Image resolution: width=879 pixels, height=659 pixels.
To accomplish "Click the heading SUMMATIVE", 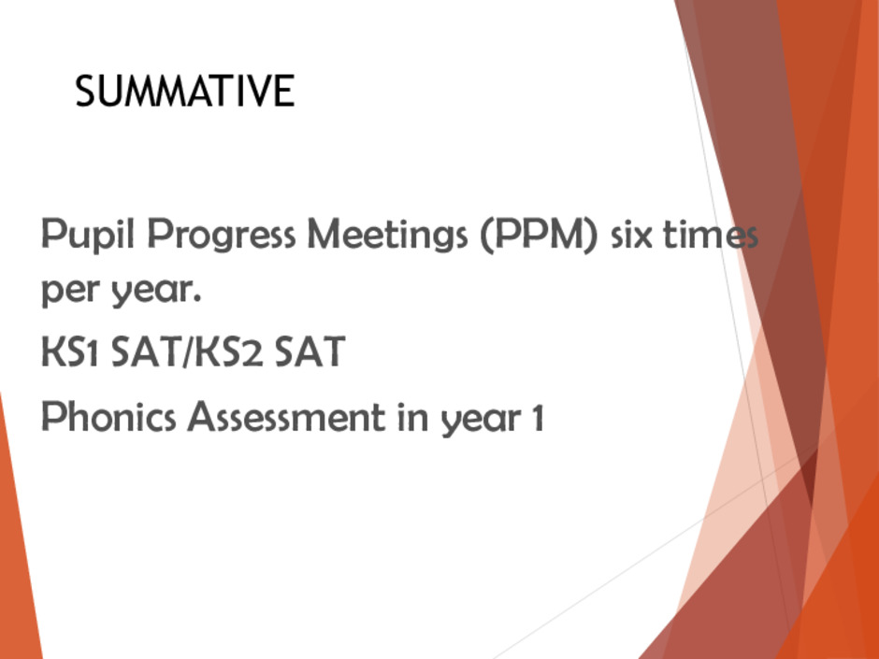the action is pos(184,91).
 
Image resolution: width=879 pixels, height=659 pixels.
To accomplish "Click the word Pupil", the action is pos(88,234).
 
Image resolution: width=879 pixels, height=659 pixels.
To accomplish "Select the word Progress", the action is pos(222,234).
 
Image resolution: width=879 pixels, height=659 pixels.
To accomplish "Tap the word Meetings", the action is pos(387,234).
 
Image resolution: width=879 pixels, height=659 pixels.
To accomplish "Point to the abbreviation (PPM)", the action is pos(540,234).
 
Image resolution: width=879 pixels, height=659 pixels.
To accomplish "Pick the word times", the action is pos(711,235).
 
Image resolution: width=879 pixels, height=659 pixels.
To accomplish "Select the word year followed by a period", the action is pos(156,292).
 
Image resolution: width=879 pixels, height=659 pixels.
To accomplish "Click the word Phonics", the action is pos(108,416).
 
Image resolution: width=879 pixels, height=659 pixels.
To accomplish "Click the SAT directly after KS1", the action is pos(147,351).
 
